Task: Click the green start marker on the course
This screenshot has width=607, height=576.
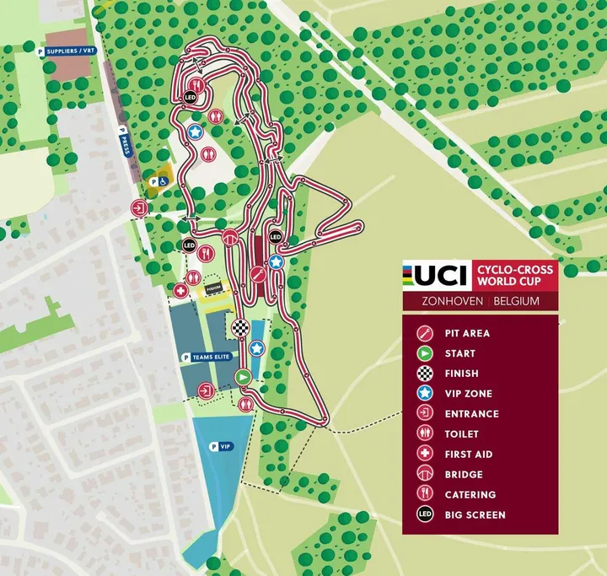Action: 244,377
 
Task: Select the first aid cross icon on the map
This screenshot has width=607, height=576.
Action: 180,290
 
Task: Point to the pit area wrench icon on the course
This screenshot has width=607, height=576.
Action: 260,274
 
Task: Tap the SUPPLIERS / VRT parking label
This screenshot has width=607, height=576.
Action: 67,51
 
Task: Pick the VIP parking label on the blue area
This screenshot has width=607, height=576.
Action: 221,446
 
